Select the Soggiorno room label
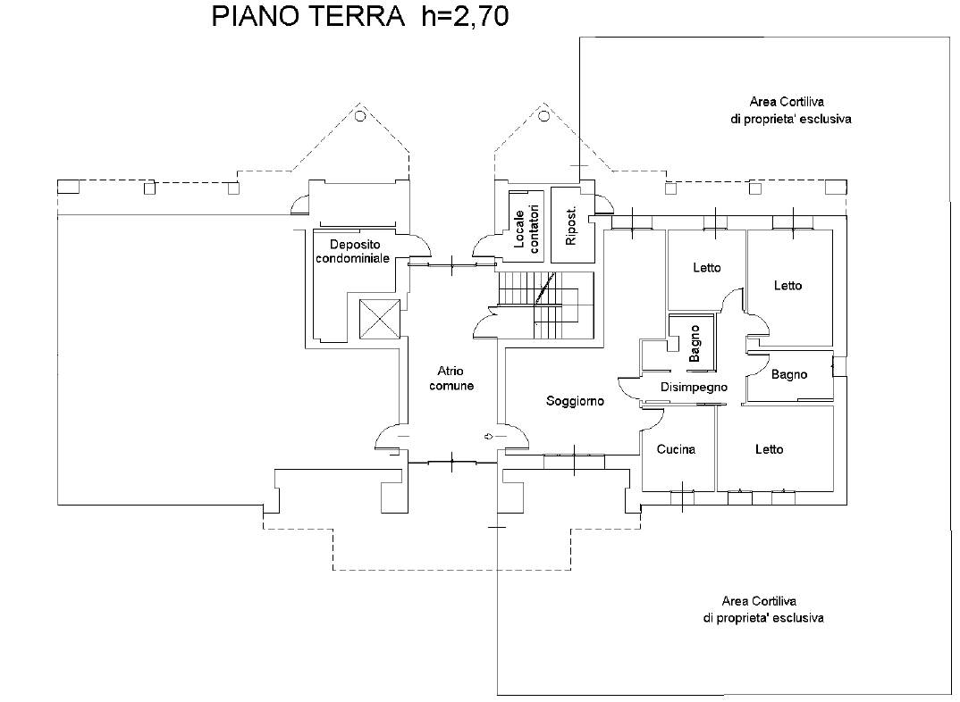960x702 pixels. click(575, 402)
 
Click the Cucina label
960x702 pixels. click(676, 449)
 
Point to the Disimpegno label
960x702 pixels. click(695, 388)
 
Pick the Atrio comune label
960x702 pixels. click(451, 379)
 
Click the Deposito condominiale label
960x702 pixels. click(352, 251)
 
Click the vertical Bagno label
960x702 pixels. click(695, 344)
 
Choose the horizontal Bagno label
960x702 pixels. click(788, 375)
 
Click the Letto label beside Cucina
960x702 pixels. click(769, 449)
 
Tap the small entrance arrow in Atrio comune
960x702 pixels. click(488, 436)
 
